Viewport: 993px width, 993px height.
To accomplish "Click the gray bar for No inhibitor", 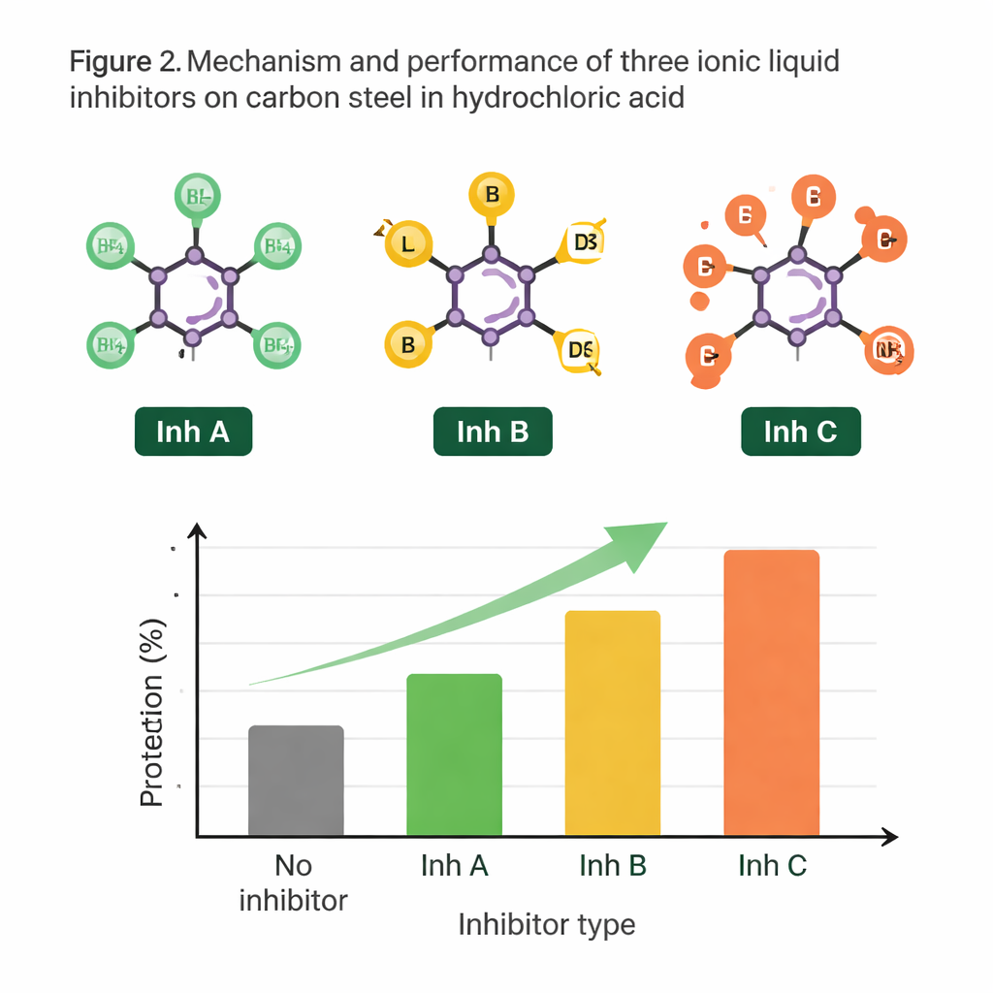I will coord(296,781).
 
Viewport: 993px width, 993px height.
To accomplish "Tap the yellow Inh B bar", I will coord(612,722).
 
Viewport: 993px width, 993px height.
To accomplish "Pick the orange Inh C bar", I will coord(771,692).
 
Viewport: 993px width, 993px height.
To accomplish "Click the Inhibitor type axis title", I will coord(546,924).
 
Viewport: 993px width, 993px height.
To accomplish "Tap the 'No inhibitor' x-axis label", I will coord(293,882).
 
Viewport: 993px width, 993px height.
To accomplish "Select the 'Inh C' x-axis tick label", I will coord(772,865).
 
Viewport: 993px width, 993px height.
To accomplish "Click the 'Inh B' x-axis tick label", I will coord(613,865).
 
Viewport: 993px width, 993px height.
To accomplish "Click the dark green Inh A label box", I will coord(192,432).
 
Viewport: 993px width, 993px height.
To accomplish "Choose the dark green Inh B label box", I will coord(493,432).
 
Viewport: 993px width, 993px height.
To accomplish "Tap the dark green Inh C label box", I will coord(800,432).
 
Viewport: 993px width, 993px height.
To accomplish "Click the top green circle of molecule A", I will coord(197,197).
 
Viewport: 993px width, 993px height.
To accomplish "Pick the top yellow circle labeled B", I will coord(492,196).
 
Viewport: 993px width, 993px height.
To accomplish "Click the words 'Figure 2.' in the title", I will coord(124,63).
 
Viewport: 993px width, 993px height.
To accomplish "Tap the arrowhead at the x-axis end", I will coord(888,837).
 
